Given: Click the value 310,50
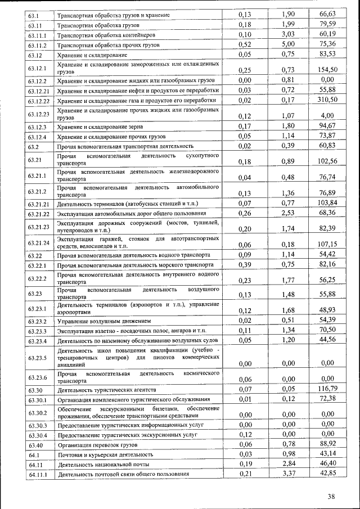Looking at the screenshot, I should click(328, 100).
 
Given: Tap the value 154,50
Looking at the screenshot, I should click(328, 70).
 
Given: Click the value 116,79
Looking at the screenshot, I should click(328, 389).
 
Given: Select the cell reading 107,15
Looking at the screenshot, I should click(328, 244).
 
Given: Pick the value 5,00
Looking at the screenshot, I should click(289, 44).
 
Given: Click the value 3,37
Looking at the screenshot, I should click(289, 474).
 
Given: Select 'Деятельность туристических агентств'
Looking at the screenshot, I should click(106, 390).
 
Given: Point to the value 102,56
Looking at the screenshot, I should click(328, 161).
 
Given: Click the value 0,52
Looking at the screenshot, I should click(244, 44).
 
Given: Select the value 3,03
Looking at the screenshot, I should click(289, 34).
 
